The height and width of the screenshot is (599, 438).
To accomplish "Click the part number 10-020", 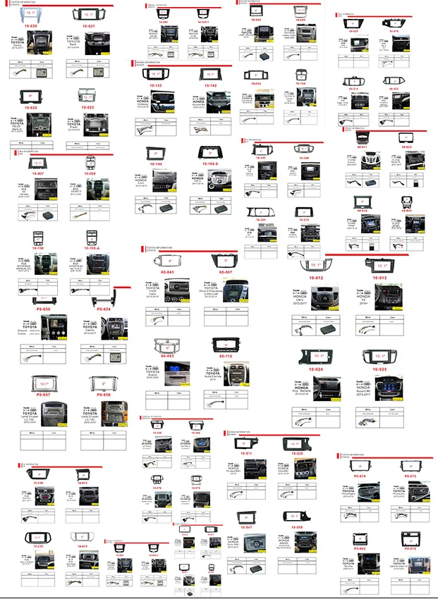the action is [30, 26].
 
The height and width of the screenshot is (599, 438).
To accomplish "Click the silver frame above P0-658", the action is [103, 383].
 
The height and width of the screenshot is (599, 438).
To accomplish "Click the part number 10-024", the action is [316, 369].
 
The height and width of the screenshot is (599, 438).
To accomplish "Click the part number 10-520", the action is [297, 453].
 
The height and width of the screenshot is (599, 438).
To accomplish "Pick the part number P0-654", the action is [103, 309].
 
